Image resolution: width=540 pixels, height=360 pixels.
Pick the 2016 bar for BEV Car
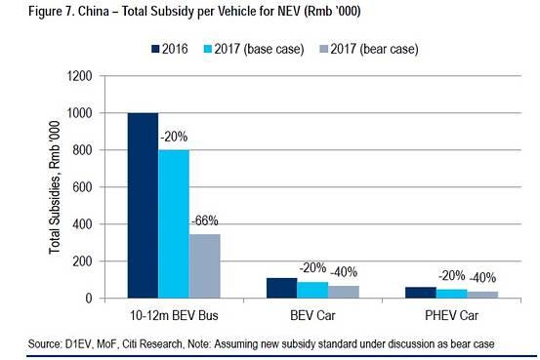click(x=282, y=288)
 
